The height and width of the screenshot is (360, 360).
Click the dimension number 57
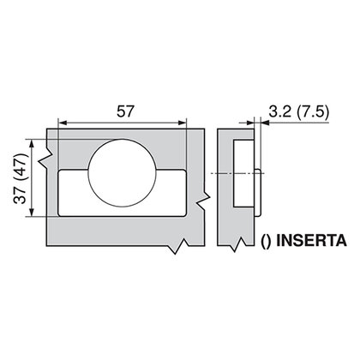click(125, 111)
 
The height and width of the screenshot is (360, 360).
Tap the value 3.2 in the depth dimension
click(279, 111)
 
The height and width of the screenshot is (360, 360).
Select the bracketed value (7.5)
click(313, 112)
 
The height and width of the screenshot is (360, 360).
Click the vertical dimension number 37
click(20, 195)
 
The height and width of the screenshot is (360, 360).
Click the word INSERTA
click(311, 241)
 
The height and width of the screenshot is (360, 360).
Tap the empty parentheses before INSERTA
click(265, 242)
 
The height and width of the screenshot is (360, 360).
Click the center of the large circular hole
click(123, 173)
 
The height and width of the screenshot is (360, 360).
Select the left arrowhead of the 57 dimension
click(63, 123)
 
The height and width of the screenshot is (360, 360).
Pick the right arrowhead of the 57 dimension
click(182, 123)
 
